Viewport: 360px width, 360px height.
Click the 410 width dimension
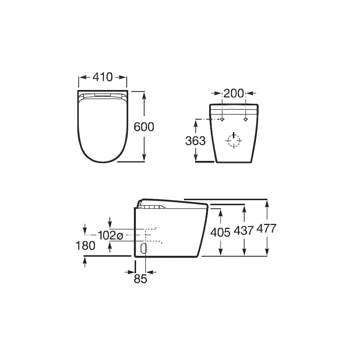click(103, 77)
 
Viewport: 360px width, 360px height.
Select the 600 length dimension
click(144, 127)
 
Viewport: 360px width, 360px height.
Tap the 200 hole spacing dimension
click(234, 93)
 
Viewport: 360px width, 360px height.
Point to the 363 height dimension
click(195, 140)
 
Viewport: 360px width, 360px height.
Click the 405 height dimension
click(220, 232)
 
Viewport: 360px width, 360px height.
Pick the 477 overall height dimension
click(266, 229)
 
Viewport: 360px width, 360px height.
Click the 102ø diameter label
click(111, 235)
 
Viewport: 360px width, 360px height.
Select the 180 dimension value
click(85, 246)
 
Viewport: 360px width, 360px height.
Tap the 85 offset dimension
click(140, 279)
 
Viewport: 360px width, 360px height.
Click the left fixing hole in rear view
click(222, 119)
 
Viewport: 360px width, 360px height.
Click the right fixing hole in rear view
click(246, 119)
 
